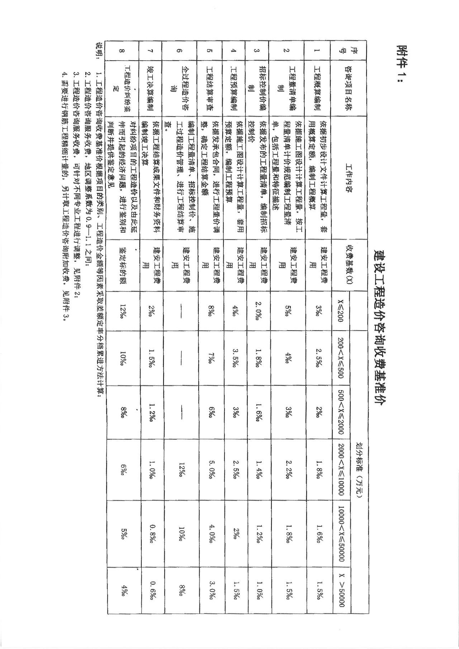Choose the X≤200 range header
click(340, 310)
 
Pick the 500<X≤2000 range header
click(340, 412)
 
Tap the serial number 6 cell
click(180, 51)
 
